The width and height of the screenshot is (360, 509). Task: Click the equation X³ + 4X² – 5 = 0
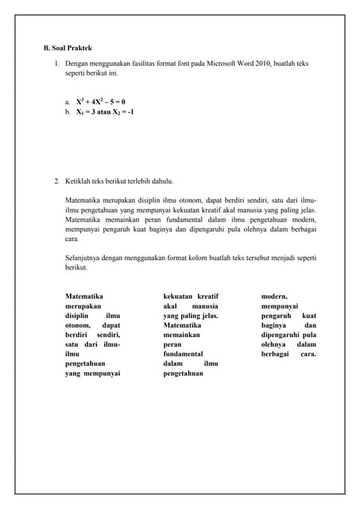[101, 102]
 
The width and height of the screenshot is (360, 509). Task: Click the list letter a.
[68, 103]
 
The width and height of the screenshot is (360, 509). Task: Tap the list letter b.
[68, 113]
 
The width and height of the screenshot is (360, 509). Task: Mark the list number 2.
[56, 181]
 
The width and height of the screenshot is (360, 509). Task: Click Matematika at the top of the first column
[85, 296]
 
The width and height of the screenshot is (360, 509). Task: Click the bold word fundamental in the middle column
[184, 353]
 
